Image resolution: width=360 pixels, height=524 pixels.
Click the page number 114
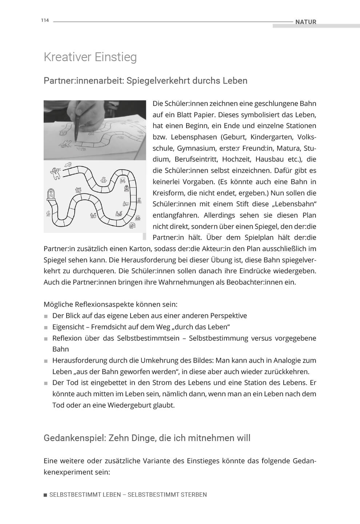click(x=45, y=20)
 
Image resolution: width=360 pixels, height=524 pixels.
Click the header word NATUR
click(x=305, y=22)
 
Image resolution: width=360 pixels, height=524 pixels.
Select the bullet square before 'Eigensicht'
click(x=46, y=327)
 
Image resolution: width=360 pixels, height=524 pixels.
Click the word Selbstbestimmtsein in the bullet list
click(x=148, y=338)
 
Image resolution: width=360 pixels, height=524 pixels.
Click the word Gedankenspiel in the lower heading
click(x=74, y=438)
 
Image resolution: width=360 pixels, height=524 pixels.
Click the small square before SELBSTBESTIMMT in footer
click(x=45, y=495)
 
